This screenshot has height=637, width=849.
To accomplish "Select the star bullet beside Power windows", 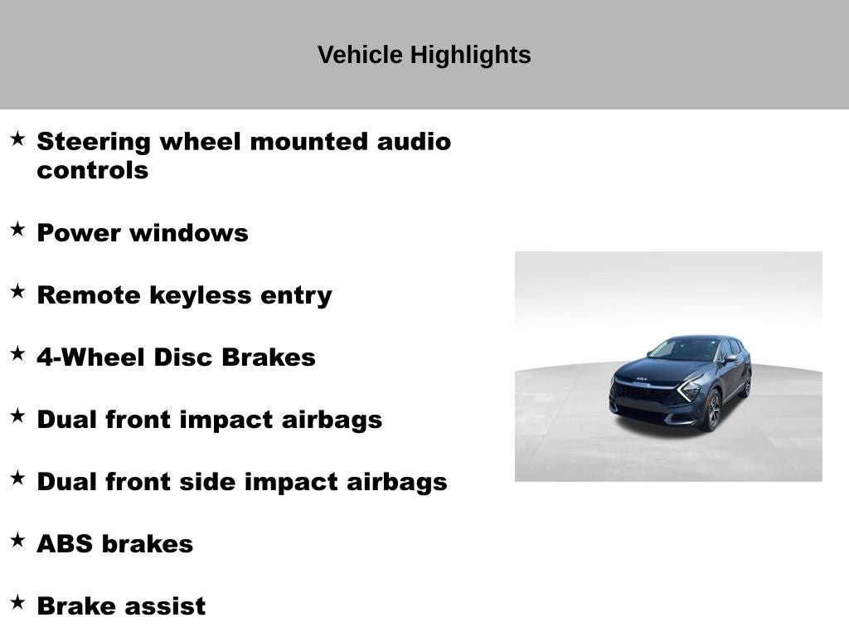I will tap(17, 230).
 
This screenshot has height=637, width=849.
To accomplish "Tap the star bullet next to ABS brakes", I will tap(17, 541).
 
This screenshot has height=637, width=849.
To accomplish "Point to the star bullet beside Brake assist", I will tap(17, 603).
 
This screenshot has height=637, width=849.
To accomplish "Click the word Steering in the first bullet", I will tap(94, 142).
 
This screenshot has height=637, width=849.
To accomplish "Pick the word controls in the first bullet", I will tap(92, 171).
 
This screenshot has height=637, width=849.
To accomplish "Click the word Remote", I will tap(89, 295).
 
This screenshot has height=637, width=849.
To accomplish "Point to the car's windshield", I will tap(685, 349).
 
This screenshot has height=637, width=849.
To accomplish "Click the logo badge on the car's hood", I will tap(642, 378).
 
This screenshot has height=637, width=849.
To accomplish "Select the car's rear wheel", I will tap(746, 384).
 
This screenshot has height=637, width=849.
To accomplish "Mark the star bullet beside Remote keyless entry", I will tap(17, 292).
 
